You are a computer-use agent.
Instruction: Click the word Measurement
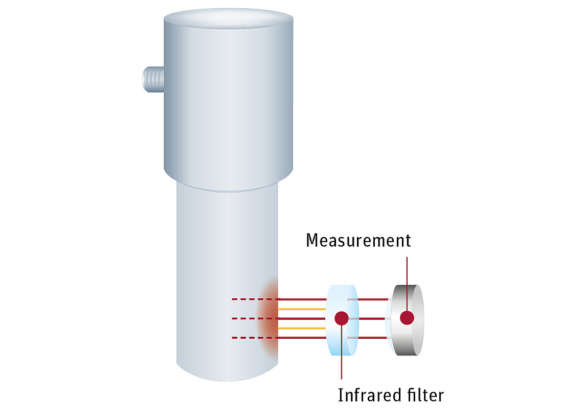pyautogui.click(x=358, y=240)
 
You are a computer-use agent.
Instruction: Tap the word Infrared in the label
pyautogui.click(x=369, y=395)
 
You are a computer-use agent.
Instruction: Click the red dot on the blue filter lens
pyautogui.click(x=342, y=318)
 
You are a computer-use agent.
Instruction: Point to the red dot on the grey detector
pyautogui.click(x=407, y=318)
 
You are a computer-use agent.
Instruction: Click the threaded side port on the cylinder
pyautogui.click(x=153, y=79)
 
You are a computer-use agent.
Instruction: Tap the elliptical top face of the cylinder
pyautogui.click(x=229, y=18)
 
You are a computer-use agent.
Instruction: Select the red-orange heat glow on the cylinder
pyautogui.click(x=267, y=319)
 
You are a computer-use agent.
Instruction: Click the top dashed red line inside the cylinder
pyautogui.click(x=255, y=299)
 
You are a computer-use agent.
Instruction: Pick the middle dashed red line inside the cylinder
pyautogui.click(x=255, y=318)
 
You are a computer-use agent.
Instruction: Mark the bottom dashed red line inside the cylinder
pyautogui.click(x=255, y=338)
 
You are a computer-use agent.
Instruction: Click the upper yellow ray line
pyautogui.click(x=302, y=309)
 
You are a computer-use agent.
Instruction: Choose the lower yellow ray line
pyautogui.click(x=302, y=328)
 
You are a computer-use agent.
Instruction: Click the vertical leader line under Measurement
pyautogui.click(x=407, y=284)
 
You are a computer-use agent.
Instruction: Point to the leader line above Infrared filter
pyautogui.click(x=342, y=352)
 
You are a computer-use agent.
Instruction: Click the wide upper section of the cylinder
pyautogui.click(x=229, y=100)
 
